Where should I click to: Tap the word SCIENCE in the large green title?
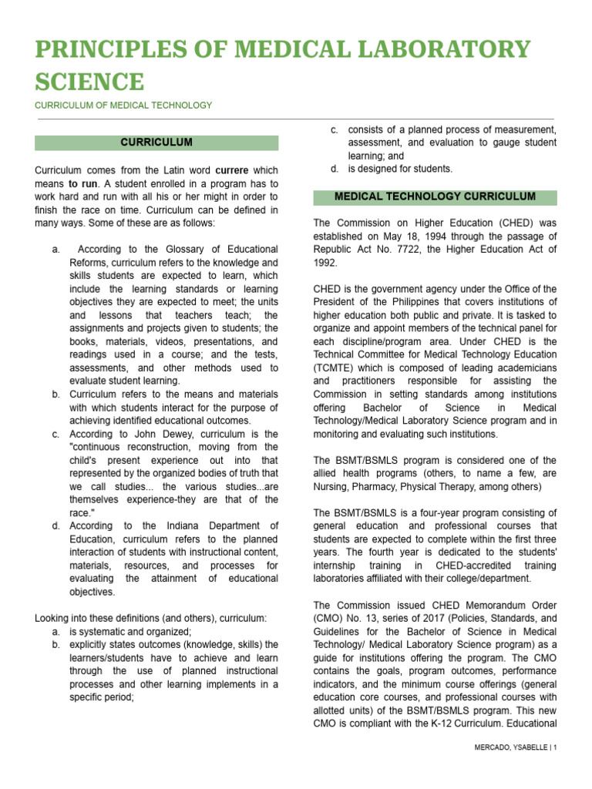89,81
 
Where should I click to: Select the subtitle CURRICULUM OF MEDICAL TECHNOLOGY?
123,105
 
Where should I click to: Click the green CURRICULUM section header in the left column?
156,143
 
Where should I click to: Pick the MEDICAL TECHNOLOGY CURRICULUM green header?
435,197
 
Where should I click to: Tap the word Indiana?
177,525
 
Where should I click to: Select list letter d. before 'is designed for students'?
334,169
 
